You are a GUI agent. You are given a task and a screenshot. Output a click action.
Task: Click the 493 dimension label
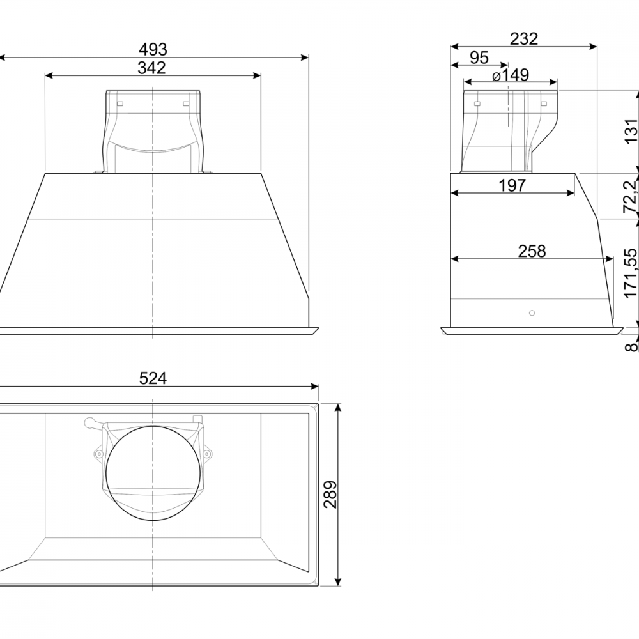(153, 49)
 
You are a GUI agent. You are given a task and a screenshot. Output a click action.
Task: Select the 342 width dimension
(151, 68)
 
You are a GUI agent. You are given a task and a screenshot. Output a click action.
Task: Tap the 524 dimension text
(153, 378)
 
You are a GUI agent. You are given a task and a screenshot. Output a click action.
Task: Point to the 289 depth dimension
(331, 495)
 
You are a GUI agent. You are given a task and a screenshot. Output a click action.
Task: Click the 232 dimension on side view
(524, 39)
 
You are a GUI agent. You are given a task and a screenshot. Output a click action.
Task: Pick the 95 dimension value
(479, 58)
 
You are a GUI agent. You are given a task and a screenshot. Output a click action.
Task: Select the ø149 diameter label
(511, 75)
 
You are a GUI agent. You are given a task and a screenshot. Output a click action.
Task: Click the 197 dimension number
(512, 185)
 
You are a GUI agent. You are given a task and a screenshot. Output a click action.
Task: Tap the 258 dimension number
(532, 251)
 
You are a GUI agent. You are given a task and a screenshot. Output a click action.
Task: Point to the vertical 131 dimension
(631, 131)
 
